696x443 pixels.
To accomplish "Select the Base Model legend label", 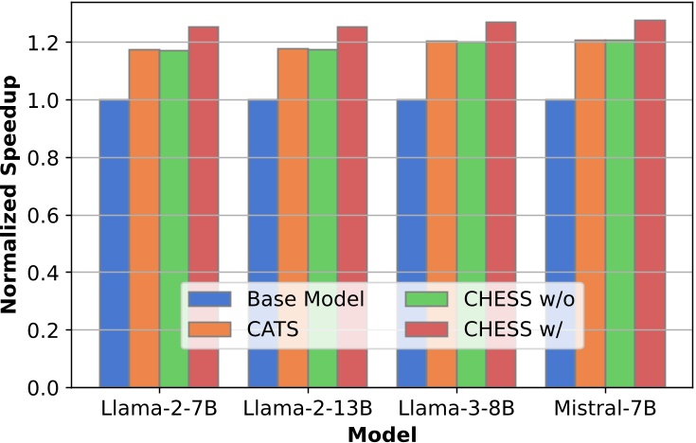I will point(306,300).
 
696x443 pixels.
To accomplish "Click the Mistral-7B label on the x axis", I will point(605,410).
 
